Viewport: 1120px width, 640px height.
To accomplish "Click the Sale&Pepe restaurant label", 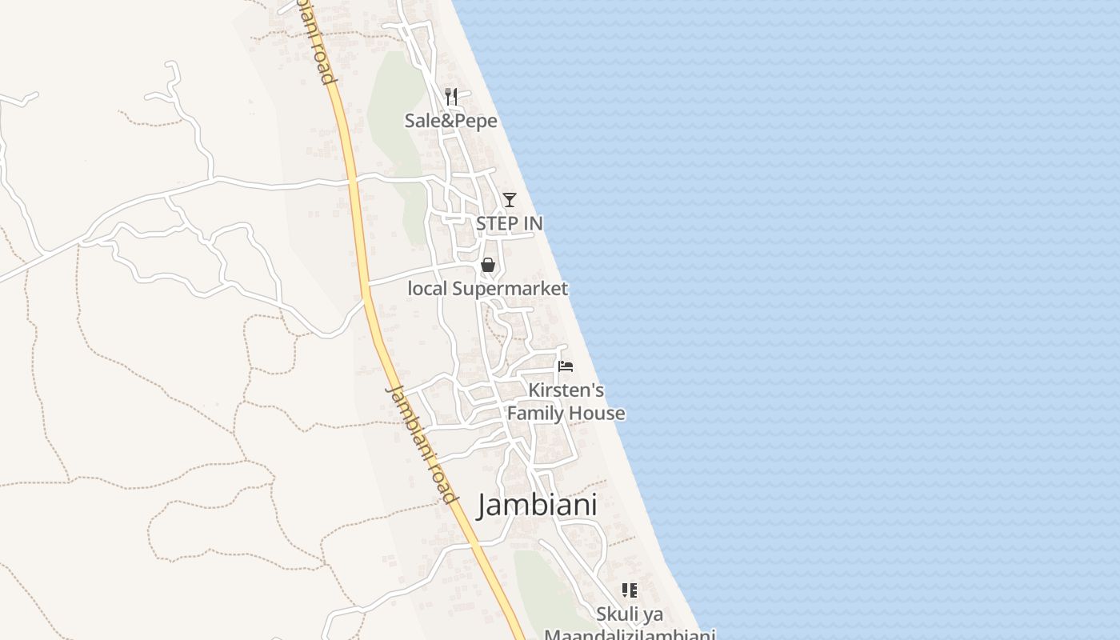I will point(450,121).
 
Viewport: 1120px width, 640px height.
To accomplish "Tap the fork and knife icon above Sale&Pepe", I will point(451,97).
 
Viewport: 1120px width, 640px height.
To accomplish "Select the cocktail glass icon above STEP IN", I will point(510,199).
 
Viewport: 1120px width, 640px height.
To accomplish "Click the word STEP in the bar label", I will point(498,223).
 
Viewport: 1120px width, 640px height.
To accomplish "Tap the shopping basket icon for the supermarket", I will point(488,265).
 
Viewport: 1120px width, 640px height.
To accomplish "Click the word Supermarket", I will point(510,289).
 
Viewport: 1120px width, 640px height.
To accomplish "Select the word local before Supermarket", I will point(427,289).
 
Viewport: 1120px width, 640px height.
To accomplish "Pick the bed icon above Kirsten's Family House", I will point(566,366).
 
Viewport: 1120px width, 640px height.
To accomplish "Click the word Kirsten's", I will point(566,390).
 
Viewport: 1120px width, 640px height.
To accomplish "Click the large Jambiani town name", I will point(538,506).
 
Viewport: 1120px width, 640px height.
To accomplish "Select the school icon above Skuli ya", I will point(630,590).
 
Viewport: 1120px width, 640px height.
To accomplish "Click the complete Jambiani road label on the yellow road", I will point(422,443).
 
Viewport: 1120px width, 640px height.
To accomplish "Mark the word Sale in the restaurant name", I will point(421,121).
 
